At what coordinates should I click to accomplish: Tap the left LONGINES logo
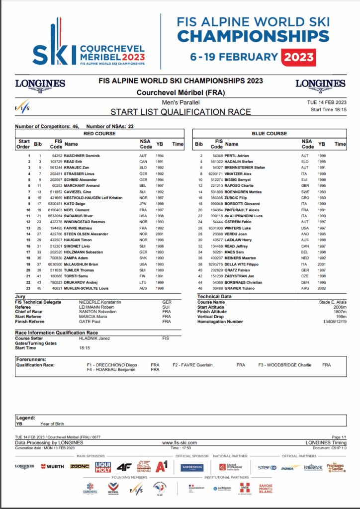pyautogui.click(x=40, y=84)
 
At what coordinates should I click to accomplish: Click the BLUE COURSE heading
pyautogui.click(x=270, y=134)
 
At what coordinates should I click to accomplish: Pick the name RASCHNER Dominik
pyautogui.click(x=83, y=156)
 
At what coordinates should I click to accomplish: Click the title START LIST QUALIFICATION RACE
pyautogui.click(x=180, y=112)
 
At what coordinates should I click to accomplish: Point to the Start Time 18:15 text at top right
pyautogui.click(x=328, y=109)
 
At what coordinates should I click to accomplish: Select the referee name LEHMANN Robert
pyautogui.click(x=97, y=307)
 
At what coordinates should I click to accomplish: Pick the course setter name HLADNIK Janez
pyautogui.click(x=94, y=338)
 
